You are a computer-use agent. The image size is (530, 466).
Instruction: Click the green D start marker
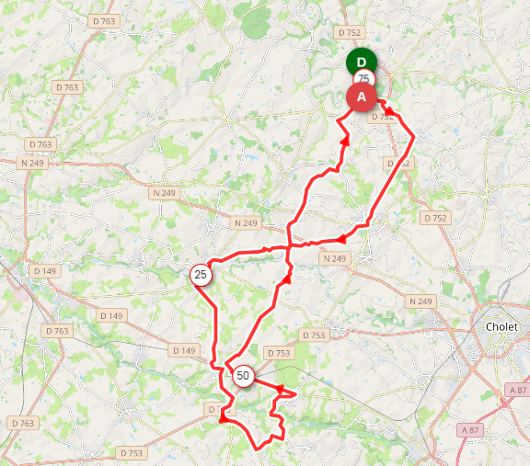coord(362,62)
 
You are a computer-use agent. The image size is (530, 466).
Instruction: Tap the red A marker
coord(361,96)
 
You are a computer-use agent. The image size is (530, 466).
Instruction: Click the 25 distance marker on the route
coord(201,274)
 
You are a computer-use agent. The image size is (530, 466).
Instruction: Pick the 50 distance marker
coord(243,375)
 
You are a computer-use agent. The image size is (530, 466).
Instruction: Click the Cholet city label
coord(501,327)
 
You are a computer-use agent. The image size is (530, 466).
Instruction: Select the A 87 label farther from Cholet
coord(469,429)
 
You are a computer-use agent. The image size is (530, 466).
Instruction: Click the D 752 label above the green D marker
coord(350,32)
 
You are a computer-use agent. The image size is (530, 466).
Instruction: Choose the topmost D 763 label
coord(105,19)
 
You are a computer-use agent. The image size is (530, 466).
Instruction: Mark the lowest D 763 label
coord(22,423)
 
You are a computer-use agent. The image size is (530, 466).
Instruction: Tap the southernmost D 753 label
coord(131,453)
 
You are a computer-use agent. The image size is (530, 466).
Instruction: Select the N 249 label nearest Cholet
coord(420,301)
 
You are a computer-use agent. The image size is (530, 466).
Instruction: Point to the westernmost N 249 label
coord(32,163)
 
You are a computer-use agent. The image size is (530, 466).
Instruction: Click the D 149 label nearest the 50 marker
coord(184,350)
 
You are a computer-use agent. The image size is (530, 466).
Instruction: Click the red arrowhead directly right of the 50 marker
coord(281,390)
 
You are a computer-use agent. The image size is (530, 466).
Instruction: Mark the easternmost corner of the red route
coord(413,137)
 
